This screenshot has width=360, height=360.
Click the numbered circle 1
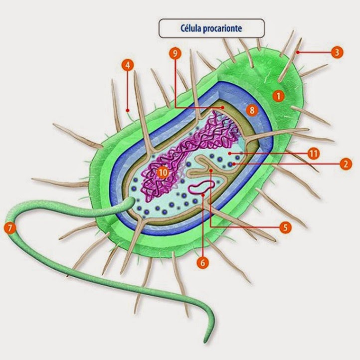(x=278, y=95)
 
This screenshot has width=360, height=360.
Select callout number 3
(x=337, y=51)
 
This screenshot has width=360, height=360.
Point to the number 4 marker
(x=128, y=66)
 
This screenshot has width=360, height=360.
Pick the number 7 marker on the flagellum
(x=9, y=228)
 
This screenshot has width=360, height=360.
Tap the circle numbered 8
(x=252, y=110)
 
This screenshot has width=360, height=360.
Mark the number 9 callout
(x=174, y=54)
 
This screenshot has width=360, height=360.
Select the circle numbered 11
(x=313, y=153)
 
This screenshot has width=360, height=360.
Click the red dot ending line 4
(x=128, y=110)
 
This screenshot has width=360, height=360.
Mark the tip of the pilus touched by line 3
(x=297, y=51)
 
